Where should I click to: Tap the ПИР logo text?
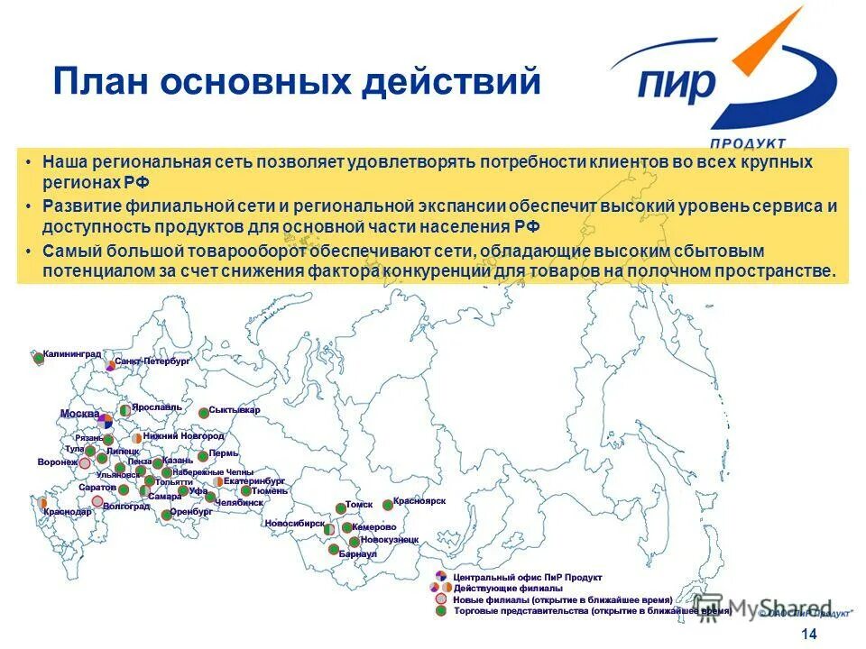click(x=676, y=84)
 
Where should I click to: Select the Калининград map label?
click(x=73, y=354)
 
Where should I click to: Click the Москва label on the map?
click(x=79, y=414)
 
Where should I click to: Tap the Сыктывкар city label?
click(x=235, y=410)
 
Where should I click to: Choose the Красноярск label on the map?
click(x=419, y=500)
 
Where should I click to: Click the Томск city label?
click(x=359, y=506)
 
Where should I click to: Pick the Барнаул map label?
click(x=358, y=554)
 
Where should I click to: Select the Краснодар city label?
click(x=67, y=512)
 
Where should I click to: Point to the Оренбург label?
click(x=191, y=511)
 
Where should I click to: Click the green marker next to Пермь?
click(x=203, y=456)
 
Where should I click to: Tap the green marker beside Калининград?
click(x=38, y=358)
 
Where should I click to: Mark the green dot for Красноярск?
click(x=387, y=505)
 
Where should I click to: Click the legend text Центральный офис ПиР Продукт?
click(x=528, y=577)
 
